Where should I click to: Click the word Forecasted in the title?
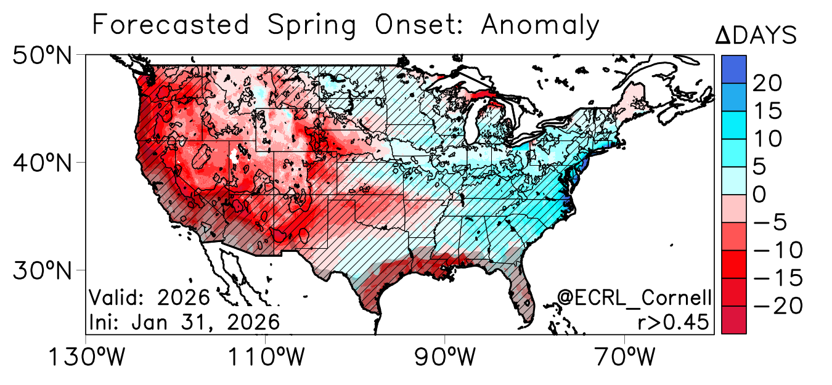[x=171, y=26]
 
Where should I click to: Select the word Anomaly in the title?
[x=540, y=26]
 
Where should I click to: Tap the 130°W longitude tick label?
[x=85, y=358]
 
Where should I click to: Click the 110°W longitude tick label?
[x=266, y=358]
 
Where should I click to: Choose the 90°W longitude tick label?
[x=446, y=358]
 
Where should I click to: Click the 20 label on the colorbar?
[x=768, y=83]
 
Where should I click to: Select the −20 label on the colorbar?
[x=778, y=306]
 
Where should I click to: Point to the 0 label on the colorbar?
[x=761, y=195]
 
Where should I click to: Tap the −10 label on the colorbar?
[x=778, y=251]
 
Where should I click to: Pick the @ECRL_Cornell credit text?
[x=634, y=298]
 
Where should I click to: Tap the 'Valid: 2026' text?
[x=150, y=298]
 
